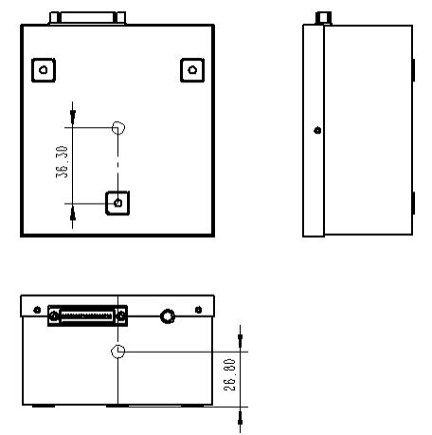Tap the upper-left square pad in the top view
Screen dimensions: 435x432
tap(44, 69)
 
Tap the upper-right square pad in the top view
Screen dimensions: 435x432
tap(192, 69)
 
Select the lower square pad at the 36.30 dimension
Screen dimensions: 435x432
tap(117, 202)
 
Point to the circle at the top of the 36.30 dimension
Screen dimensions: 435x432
tap(117, 127)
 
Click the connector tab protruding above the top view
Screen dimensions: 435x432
tap(88, 17)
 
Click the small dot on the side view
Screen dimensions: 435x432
tap(316, 130)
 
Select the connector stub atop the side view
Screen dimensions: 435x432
tap(323, 17)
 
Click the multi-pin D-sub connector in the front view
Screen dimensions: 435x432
tap(88, 315)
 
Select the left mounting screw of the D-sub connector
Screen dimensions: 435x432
tap(53, 316)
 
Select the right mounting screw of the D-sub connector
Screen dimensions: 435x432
tap(122, 316)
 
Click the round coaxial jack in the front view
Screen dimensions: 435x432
tap(170, 316)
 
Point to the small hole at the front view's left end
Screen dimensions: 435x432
tap(36, 310)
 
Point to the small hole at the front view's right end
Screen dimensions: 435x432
tap(200, 310)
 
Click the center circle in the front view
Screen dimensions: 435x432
tap(117, 351)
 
